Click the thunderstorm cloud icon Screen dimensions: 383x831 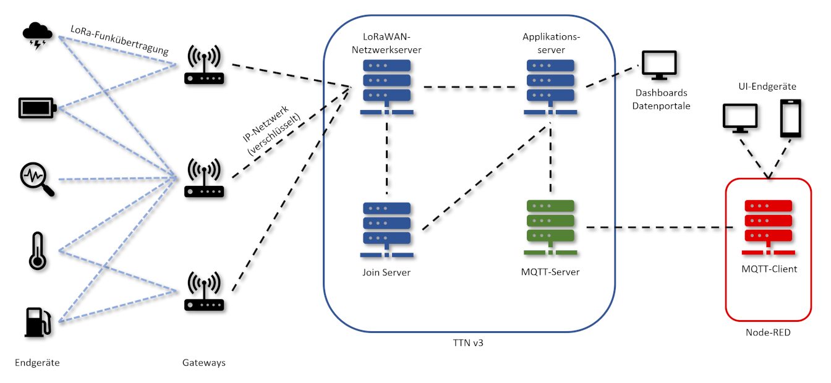click(x=38, y=36)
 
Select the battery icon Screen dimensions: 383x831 click(x=38, y=108)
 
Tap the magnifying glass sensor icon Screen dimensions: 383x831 click(x=37, y=179)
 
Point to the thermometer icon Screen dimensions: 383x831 click(x=37, y=251)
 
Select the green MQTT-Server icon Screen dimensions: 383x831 click(x=550, y=226)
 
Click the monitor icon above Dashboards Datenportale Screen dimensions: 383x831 click(x=659, y=65)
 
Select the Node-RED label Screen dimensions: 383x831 click(x=768, y=332)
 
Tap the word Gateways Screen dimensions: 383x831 click(x=204, y=363)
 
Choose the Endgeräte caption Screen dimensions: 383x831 click(x=37, y=363)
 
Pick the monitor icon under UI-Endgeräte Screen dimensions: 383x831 click(x=740, y=118)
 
